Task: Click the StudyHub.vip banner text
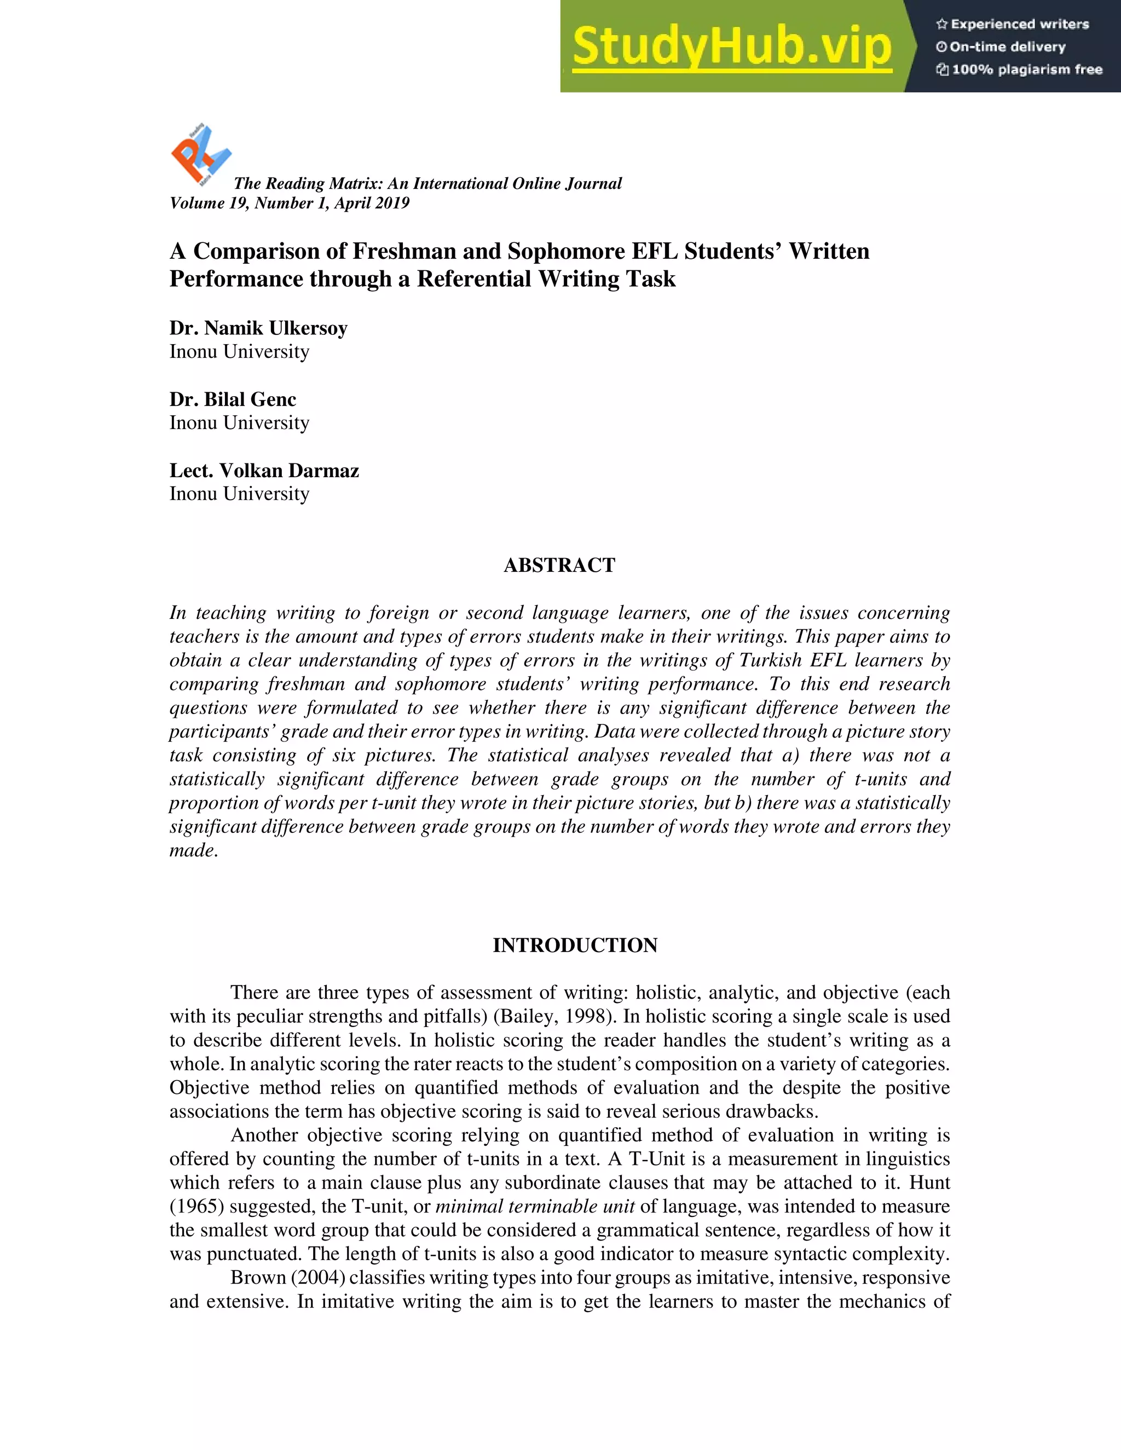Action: tap(731, 47)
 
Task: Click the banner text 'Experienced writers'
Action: tap(1013, 25)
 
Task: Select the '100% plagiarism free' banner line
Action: tap(1019, 69)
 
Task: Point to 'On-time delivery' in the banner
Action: tap(1001, 47)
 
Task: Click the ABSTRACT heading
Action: tap(559, 565)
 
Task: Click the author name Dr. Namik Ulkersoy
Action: tap(258, 328)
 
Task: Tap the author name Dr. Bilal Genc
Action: tap(233, 399)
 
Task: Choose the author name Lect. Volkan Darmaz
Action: tap(264, 471)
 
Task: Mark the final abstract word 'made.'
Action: tap(193, 850)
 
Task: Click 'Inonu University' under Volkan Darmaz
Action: tap(239, 494)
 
